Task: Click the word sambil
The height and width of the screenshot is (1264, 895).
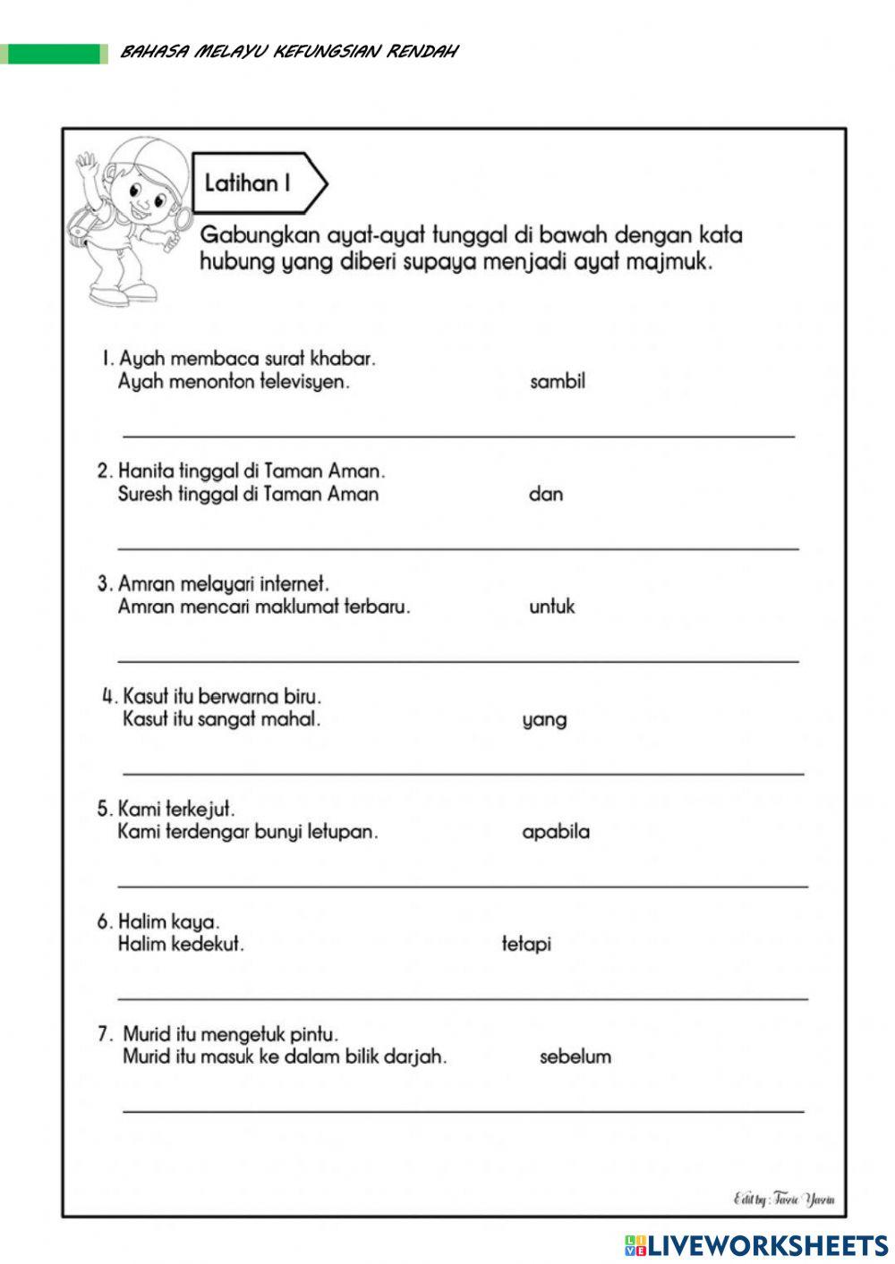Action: (557, 382)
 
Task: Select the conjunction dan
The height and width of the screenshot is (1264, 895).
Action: (545, 494)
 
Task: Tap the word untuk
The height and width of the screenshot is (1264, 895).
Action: (551, 607)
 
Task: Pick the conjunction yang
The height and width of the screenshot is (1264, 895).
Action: (544, 720)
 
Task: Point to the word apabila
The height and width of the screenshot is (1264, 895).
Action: (556, 832)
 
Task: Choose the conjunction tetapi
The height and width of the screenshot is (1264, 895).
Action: (526, 944)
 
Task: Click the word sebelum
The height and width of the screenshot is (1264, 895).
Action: (575, 1056)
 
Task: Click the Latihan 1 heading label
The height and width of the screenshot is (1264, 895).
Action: (248, 183)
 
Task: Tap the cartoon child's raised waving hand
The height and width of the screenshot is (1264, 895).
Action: (87, 165)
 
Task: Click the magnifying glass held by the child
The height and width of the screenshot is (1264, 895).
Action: (182, 219)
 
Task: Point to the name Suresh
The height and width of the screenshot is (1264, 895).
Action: (146, 494)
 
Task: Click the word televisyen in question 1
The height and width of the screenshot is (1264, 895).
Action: (303, 383)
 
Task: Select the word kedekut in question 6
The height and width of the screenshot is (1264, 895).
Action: (207, 944)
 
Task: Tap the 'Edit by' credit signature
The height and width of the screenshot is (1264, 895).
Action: (783, 1199)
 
